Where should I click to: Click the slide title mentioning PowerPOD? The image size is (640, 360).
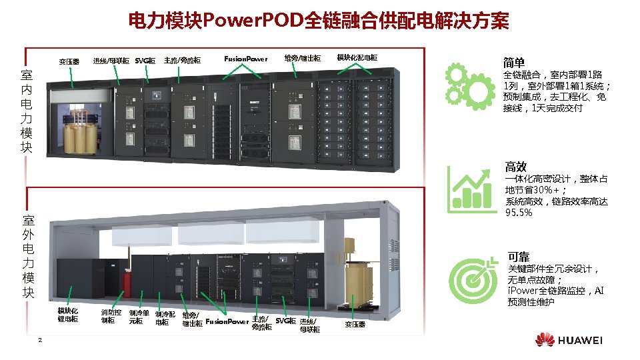tap(319, 22)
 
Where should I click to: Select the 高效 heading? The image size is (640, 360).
tap(516, 167)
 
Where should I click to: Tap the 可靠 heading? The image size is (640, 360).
tap(518, 257)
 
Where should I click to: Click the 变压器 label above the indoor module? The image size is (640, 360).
tap(69, 61)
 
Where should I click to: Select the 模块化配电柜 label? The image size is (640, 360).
tap(357, 58)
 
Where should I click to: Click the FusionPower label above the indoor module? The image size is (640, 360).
tap(245, 59)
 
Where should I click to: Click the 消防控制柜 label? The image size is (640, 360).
tap(111, 316)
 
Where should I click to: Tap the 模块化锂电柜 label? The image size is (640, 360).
tap(68, 315)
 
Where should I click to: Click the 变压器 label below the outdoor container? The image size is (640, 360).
tap(355, 325)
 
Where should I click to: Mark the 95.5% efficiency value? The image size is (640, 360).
tap(519, 213)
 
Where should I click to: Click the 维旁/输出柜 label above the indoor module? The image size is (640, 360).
tap(302, 59)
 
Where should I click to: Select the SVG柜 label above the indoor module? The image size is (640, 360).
tap(145, 61)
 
